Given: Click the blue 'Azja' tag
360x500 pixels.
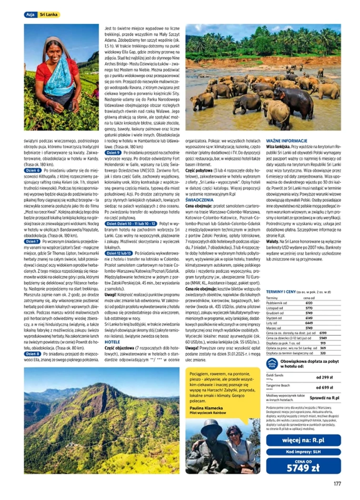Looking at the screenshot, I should pyautogui.click(x=30, y=15).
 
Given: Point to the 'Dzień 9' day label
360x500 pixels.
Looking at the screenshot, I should pyautogui.click(x=113, y=153).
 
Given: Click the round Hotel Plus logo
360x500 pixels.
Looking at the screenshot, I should pyautogui.click(x=272, y=364).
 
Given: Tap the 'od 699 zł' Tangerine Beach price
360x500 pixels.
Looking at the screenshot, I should pyautogui.click(x=324, y=388).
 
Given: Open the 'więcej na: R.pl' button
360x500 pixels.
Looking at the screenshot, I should pyautogui.click(x=303, y=440).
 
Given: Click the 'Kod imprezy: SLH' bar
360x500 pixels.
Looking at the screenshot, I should pyautogui.click(x=303, y=451).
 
